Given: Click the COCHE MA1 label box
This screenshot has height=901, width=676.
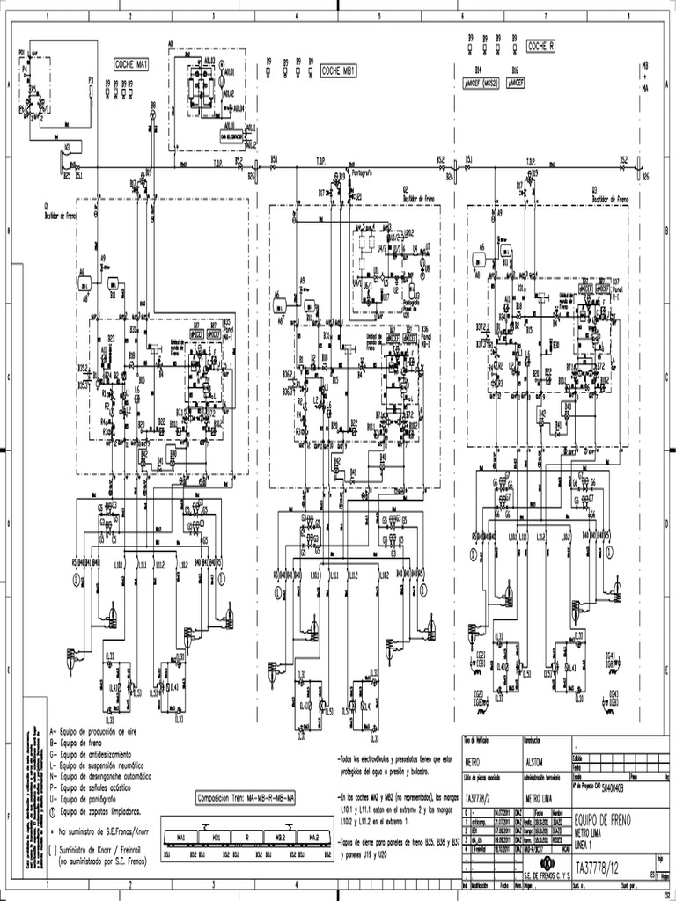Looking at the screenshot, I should [130, 64].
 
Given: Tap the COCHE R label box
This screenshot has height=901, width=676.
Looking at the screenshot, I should [540, 46].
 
